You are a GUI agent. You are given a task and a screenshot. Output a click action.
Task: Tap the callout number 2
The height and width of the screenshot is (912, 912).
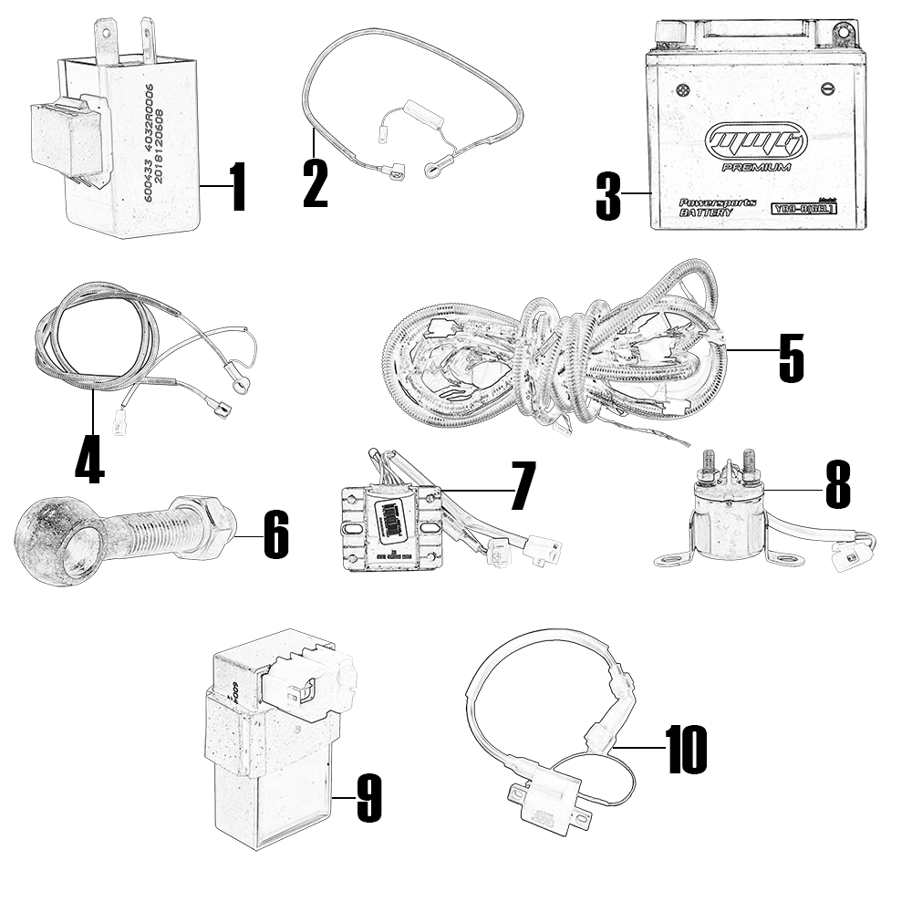click(x=315, y=183)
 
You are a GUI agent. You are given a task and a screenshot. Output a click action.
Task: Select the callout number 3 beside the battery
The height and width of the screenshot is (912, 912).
click(x=608, y=195)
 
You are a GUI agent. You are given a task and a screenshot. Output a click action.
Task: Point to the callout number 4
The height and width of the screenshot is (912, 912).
click(x=88, y=460)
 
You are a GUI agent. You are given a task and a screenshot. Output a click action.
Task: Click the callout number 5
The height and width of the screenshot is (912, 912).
click(x=791, y=358)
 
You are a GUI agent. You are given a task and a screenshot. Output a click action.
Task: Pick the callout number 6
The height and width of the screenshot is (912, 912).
click(x=275, y=534)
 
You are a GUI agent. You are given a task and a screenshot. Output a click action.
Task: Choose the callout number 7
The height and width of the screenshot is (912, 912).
click(x=522, y=486)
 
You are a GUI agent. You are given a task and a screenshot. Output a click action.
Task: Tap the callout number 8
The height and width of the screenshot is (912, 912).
click(x=837, y=484)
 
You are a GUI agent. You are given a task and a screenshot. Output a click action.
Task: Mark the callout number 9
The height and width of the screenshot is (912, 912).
click(x=368, y=800)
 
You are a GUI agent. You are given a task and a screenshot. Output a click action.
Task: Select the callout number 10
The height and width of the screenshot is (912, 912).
click(x=686, y=750)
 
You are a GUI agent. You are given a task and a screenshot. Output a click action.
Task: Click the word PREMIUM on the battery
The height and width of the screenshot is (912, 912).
click(x=755, y=167)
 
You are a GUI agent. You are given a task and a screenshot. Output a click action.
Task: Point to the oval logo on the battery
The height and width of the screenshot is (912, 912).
click(x=755, y=141)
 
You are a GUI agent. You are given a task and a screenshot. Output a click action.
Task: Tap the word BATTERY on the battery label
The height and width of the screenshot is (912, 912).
click(x=705, y=212)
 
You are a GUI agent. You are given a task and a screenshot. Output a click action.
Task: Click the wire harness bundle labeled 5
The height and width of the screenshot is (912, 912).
click(x=556, y=360)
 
